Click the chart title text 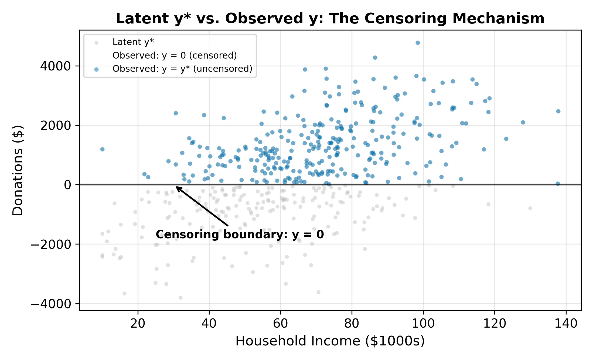coord(330,19)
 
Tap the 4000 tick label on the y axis coord(55,66)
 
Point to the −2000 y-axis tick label coord(51,244)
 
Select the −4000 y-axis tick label coord(51,304)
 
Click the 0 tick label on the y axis coord(67,185)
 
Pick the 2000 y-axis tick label coord(55,125)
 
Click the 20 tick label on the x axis coord(138,324)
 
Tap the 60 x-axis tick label coord(281,324)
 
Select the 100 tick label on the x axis coord(423,324)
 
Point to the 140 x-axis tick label coord(566,324)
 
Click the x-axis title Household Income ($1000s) coord(330,341)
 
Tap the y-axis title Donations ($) coord(18,170)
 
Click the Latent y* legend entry coord(133,42)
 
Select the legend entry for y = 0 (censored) coord(175,56)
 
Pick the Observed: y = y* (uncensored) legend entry coord(182,69)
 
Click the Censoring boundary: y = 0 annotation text coord(240,235)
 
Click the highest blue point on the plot coord(418,43)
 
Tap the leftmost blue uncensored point coord(102,149)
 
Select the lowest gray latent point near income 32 coord(180,298)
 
